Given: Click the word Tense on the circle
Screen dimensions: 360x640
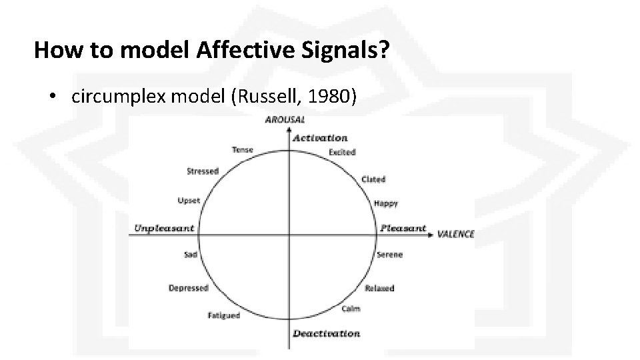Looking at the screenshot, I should (x=242, y=150).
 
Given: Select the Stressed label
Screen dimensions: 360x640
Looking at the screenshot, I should (x=202, y=171).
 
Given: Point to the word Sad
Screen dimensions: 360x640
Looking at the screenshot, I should (x=190, y=255).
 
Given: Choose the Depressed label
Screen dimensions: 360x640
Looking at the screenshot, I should (x=188, y=288).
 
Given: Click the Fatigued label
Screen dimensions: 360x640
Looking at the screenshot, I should (x=223, y=315).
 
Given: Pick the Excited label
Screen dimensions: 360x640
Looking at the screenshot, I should (x=342, y=152).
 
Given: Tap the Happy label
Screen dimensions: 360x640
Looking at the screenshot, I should (x=386, y=203).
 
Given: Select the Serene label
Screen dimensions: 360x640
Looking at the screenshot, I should (x=389, y=255).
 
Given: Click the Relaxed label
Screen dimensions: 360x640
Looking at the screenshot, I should (x=379, y=288).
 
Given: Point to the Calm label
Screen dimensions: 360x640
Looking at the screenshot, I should (x=351, y=309).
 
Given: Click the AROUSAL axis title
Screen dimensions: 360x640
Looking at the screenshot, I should (x=285, y=120).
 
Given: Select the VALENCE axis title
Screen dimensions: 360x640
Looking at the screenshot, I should (x=455, y=234).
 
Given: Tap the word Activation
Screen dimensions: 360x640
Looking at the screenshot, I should (x=320, y=138).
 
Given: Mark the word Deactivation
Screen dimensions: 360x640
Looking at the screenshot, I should (x=325, y=333).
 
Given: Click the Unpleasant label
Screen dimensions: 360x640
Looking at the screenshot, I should (x=164, y=228).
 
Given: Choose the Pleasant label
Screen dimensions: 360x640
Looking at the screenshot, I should (x=403, y=228).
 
